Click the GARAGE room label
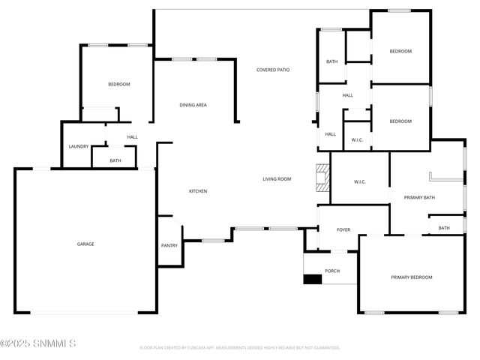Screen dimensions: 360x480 85,244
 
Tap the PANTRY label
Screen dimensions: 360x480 169,245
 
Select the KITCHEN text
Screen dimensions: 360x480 197,191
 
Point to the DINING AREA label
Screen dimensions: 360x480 193,105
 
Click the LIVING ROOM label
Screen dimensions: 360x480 276,179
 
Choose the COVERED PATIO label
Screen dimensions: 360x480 273,70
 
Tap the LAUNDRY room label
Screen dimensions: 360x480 79,146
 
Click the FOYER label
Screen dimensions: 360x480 343,230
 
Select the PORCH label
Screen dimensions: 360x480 331,271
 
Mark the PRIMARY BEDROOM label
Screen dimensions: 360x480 412,277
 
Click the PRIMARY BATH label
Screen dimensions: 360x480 419,198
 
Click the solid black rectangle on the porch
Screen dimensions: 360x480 312,280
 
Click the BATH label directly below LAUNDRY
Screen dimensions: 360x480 115,160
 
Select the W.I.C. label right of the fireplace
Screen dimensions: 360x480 359,182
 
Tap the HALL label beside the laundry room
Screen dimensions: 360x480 132,137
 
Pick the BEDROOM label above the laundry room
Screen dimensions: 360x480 118,85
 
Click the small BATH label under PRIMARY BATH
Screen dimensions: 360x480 444,228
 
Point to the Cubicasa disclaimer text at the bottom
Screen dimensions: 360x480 240,347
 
